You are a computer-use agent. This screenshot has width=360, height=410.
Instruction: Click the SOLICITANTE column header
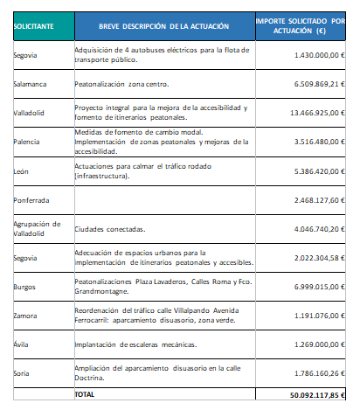(33, 26)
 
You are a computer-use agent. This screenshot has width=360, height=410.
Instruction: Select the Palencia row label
(27, 141)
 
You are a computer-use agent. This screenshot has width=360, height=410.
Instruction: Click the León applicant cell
(22, 170)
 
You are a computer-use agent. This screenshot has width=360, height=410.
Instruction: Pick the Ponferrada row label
(31, 200)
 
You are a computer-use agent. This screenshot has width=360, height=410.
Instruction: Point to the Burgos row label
(25, 287)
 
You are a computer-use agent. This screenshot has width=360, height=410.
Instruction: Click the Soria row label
(22, 372)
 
